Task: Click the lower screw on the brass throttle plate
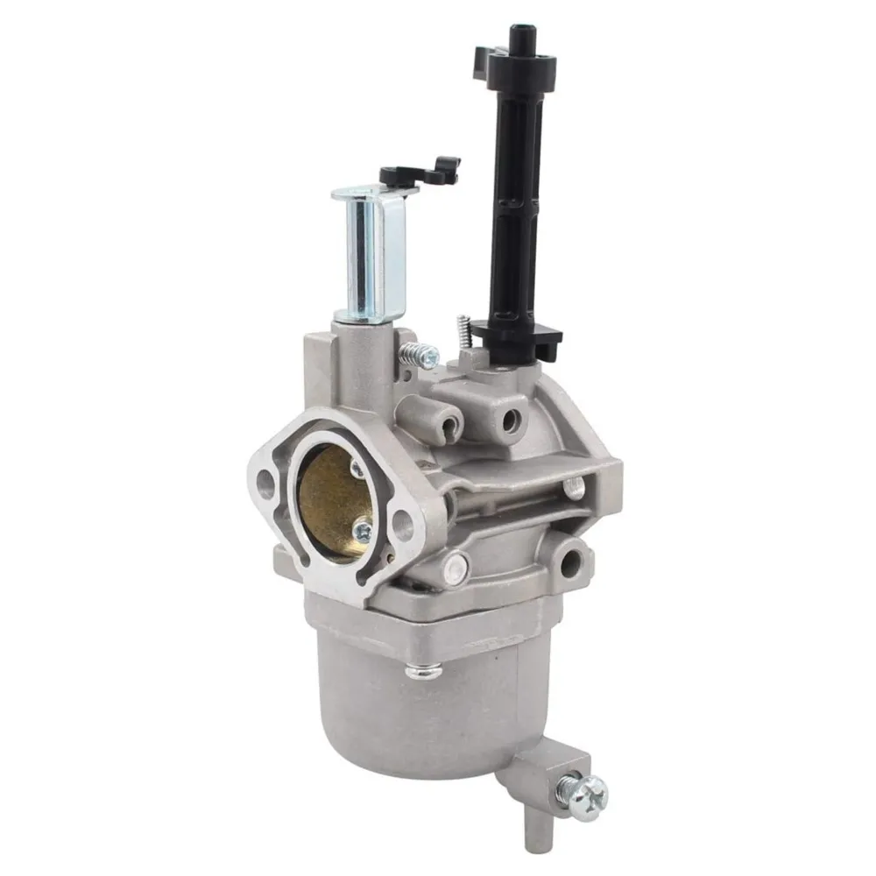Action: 361,530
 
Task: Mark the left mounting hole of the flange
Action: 265,479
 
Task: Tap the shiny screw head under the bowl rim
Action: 423,672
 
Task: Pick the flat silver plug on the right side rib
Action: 575,488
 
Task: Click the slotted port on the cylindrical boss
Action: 446,424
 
